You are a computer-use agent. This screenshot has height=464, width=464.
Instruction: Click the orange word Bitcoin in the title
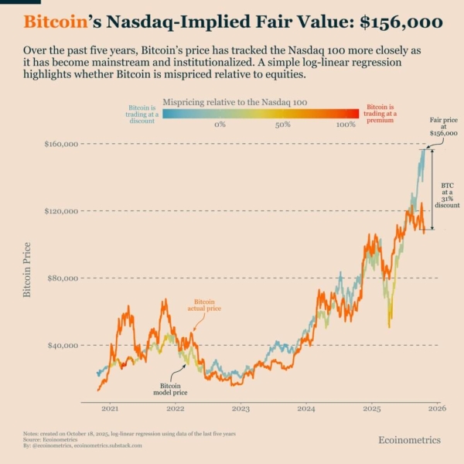55,22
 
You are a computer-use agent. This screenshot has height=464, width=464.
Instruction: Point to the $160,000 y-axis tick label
63,144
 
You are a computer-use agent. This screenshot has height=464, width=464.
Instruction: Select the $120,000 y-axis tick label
63,211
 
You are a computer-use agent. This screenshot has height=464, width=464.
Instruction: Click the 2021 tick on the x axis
110,408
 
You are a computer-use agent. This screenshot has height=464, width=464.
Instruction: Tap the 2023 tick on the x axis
241,408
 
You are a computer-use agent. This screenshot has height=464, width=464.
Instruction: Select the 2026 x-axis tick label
437,408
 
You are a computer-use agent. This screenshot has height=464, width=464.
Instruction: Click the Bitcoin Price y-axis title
27,269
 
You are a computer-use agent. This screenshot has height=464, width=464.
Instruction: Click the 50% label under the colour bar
282,124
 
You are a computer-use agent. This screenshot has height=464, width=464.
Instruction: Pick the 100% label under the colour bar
346,124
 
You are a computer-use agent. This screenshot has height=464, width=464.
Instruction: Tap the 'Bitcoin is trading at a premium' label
383,112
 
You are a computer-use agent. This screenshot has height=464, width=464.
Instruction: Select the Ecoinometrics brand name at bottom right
409,439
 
